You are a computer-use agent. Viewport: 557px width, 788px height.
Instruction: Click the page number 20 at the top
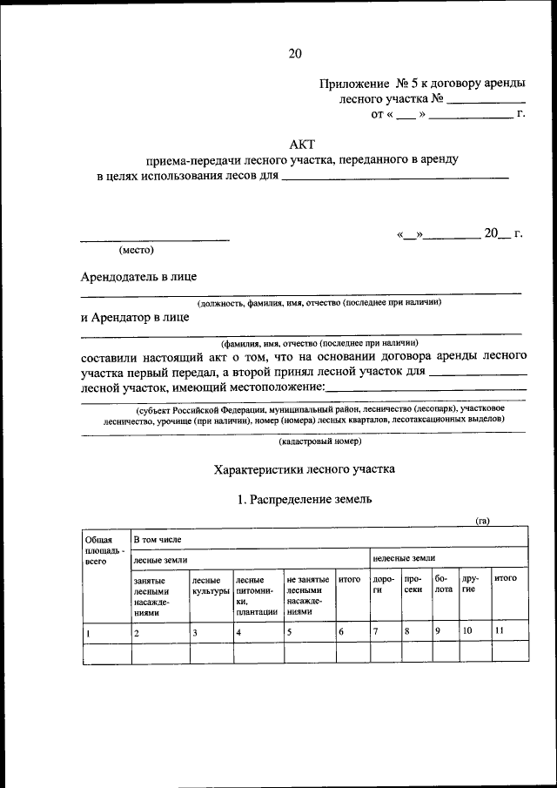pos(294,54)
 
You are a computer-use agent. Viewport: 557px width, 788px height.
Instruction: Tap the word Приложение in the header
pos(354,83)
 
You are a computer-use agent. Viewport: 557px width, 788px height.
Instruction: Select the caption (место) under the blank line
pos(136,250)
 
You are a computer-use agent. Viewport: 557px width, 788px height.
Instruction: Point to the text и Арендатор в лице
pos(134,318)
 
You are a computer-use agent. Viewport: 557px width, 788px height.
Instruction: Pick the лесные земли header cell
pos(159,558)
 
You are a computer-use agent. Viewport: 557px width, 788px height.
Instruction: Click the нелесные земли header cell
pos(404,558)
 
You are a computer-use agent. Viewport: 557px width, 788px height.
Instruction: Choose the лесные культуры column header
pos(210,585)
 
